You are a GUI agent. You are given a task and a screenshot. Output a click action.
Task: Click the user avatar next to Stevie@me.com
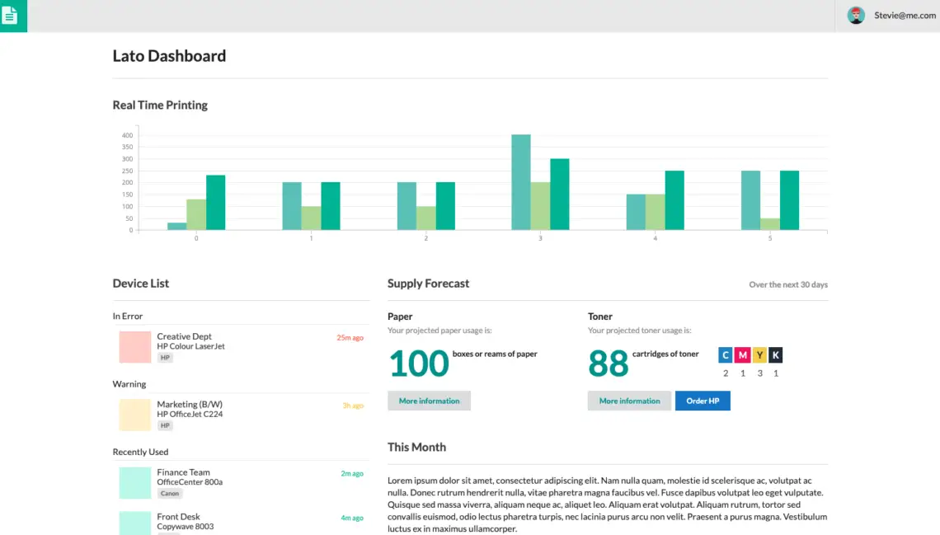pos(856,16)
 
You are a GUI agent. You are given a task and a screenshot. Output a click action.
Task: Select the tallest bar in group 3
pos(520,182)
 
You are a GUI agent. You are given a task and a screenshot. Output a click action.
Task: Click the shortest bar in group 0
pos(176,226)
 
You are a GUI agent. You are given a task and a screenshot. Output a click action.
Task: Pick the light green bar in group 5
pos(769,224)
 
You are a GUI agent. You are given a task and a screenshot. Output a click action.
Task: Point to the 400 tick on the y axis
pos(127,135)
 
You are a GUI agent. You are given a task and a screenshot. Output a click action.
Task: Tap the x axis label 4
pos(656,238)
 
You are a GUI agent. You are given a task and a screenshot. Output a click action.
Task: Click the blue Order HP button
pos(703,401)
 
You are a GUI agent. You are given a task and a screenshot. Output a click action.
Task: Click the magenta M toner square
pos(742,355)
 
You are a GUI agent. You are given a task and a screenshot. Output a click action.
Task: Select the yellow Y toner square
pos(759,355)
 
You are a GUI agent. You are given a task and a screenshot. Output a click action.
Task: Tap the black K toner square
pos(776,355)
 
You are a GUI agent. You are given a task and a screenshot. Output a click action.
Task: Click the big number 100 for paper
pos(418,364)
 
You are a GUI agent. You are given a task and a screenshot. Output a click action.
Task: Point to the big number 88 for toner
pos(609,364)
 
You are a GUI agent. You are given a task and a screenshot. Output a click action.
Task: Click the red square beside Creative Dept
pos(134,347)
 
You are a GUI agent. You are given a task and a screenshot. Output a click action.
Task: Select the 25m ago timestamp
pos(350,338)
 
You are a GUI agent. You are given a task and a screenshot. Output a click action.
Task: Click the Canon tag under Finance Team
pos(170,494)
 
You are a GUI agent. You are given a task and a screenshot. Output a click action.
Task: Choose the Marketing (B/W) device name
pos(190,404)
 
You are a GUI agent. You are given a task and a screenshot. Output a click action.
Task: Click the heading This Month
pos(416,447)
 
